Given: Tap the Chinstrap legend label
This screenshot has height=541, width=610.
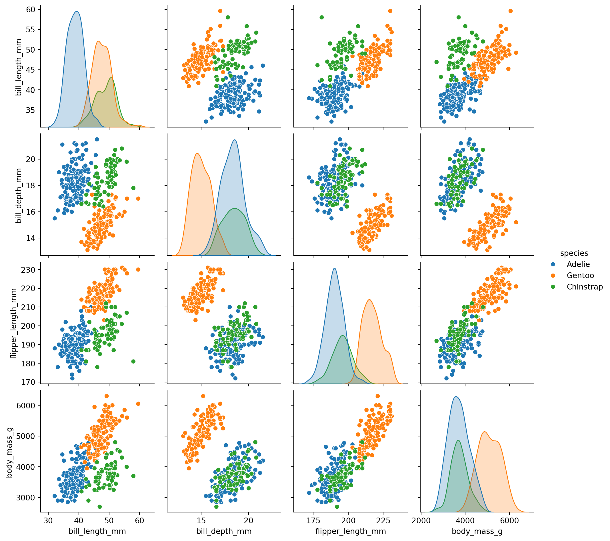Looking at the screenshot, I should coord(585,287).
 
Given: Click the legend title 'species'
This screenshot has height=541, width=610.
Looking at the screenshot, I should coord(574,253).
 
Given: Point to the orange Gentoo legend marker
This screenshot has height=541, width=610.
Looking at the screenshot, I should coord(553,276).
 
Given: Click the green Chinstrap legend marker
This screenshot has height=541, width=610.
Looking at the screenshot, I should coord(553,287).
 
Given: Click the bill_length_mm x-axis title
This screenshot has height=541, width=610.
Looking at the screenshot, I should coord(97,531).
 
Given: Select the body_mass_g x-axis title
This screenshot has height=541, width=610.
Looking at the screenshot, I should coord(477,531).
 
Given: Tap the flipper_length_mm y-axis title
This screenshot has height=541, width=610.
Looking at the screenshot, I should coord(14,323).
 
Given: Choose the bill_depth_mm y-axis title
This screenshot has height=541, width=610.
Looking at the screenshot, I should coord(19,195).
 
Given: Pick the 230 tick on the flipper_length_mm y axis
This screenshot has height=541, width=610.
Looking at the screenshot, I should coord(29,269).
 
